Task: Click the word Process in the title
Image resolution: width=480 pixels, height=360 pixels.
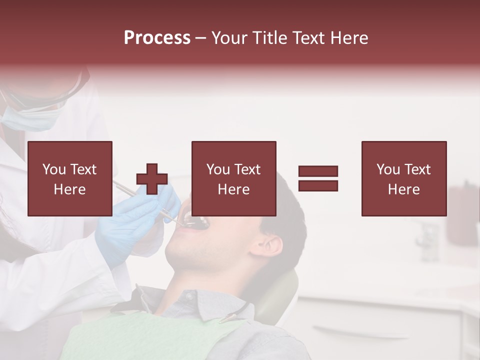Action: [157, 38]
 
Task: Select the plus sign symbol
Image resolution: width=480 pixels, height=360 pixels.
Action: [152, 178]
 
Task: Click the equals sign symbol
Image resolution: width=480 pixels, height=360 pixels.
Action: [318, 178]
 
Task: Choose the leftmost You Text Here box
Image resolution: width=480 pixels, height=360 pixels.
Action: [70, 178]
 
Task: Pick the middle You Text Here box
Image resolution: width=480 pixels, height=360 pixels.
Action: [233, 178]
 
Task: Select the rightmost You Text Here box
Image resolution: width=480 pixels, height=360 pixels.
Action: [403, 178]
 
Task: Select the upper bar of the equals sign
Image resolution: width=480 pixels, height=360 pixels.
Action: [318, 171]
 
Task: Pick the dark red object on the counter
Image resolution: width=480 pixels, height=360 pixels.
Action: [462, 215]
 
